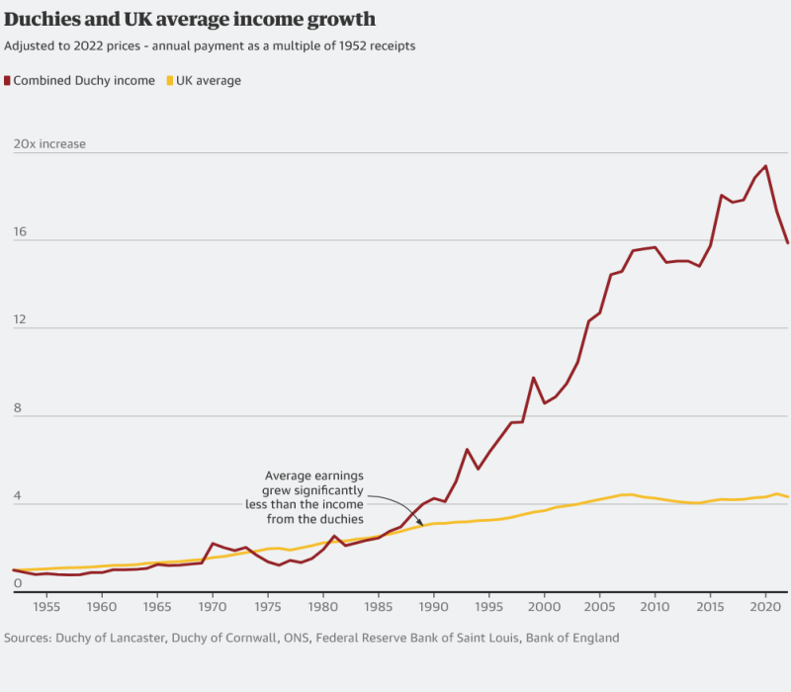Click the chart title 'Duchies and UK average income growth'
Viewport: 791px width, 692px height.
point(189,20)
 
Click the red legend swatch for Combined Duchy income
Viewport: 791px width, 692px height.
point(8,81)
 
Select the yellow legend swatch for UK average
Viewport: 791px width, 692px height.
point(170,81)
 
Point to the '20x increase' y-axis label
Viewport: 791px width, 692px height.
point(49,144)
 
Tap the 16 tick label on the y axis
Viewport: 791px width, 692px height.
point(19,231)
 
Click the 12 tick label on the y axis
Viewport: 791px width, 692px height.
point(19,319)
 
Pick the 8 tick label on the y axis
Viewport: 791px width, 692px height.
point(16,407)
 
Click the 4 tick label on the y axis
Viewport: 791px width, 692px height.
point(16,495)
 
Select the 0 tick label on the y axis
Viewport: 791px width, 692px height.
point(16,583)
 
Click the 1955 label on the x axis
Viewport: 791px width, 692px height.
point(46,606)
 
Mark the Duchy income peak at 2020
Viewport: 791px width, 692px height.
point(765,166)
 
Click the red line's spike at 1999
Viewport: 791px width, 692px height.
point(533,378)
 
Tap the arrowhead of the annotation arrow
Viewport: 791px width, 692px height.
point(422,524)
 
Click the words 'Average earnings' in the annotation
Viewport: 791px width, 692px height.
point(314,475)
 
